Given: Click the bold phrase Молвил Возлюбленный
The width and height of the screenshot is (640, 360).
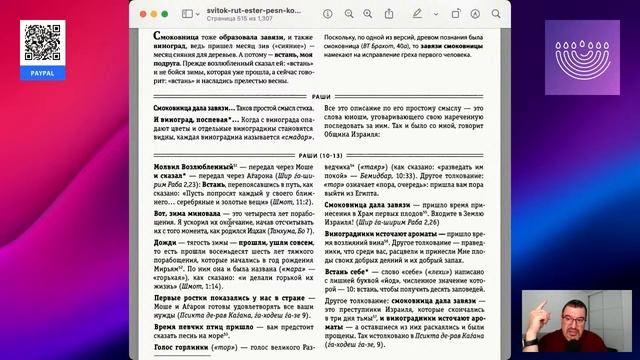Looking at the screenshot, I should click(189, 165).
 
